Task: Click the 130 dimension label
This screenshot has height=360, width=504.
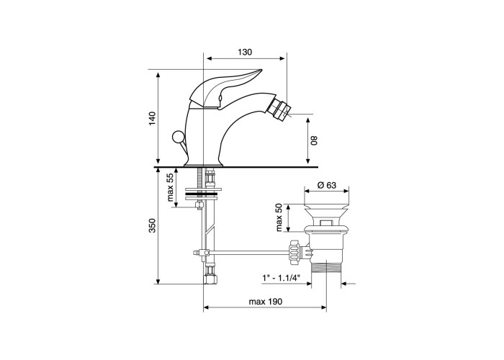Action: point(245,52)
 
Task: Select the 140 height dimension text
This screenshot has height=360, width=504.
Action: point(153,119)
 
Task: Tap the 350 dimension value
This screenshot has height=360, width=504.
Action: point(153,225)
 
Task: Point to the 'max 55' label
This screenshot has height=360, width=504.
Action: point(171,187)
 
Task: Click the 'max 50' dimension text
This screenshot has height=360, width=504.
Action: point(279,217)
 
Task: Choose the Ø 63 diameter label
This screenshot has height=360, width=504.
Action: point(327,185)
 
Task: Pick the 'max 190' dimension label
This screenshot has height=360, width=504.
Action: point(266,302)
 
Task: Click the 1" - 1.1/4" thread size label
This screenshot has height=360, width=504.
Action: point(281,277)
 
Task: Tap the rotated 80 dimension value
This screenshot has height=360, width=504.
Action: point(315,140)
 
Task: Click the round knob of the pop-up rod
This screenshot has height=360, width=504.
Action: point(177,138)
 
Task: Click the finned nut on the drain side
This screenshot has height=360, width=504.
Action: point(295,252)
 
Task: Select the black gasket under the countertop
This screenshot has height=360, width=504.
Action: point(203,194)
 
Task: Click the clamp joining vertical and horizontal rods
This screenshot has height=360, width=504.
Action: point(204,252)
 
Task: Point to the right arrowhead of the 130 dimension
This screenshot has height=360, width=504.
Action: point(282,58)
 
